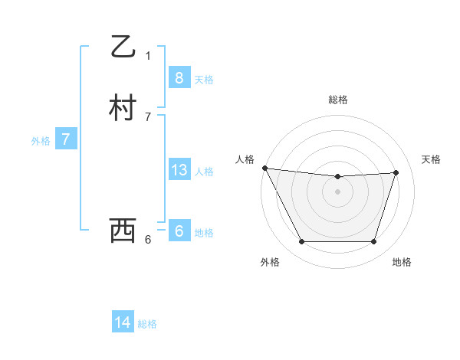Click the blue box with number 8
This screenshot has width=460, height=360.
coord(179,77)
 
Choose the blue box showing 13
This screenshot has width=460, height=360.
coord(179,170)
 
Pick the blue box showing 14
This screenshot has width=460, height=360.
coord(123,322)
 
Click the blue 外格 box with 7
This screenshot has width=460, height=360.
coord(66,139)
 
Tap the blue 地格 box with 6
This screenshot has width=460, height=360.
coord(179,231)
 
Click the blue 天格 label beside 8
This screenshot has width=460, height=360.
coord(204,79)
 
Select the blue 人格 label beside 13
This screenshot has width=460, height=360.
coord(204,172)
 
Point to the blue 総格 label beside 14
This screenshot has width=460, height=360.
coord(147,324)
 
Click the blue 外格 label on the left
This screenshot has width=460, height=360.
coord(41,141)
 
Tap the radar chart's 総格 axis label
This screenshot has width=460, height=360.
coord(337,100)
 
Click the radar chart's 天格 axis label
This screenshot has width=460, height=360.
coord(431,159)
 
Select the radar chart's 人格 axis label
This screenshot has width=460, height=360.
coord(244,159)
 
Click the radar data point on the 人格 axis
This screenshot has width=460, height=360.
coord(264,168)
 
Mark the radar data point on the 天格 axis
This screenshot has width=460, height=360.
coord(396,172)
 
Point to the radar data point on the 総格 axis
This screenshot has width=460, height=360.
coord(337,177)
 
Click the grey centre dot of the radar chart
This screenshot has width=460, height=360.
coord(337,191)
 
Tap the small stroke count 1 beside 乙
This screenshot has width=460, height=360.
coord(148,55)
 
